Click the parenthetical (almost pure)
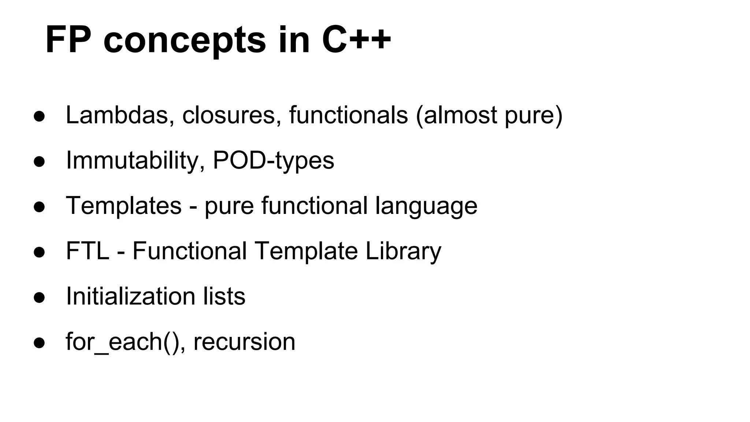tap(489, 116)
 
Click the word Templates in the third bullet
tap(123, 206)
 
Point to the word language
tap(426, 207)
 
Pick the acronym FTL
tap(88, 251)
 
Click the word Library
tap(403, 252)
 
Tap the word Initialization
tap(130, 296)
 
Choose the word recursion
tap(244, 342)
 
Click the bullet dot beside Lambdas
tap(39, 116)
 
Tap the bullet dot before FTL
tap(39, 252)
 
